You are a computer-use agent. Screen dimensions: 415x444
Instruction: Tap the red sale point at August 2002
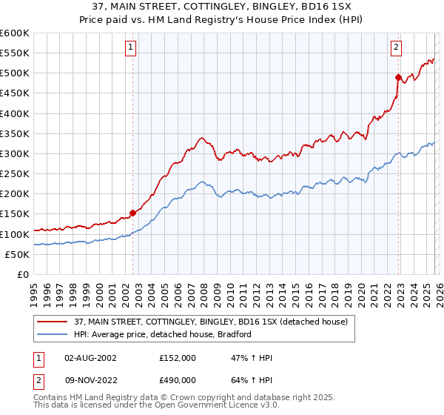click(x=132, y=213)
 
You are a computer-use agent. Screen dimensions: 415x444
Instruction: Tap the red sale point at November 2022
click(x=398, y=77)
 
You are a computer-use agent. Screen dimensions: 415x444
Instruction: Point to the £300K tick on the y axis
click(x=15, y=153)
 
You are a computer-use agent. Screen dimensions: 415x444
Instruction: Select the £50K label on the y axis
click(x=17, y=254)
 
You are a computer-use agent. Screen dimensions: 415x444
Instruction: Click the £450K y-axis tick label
click(x=15, y=93)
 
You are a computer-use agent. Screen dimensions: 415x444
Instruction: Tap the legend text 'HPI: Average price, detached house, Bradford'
click(x=163, y=334)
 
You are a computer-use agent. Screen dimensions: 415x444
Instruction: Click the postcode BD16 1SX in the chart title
click(x=332, y=7)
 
